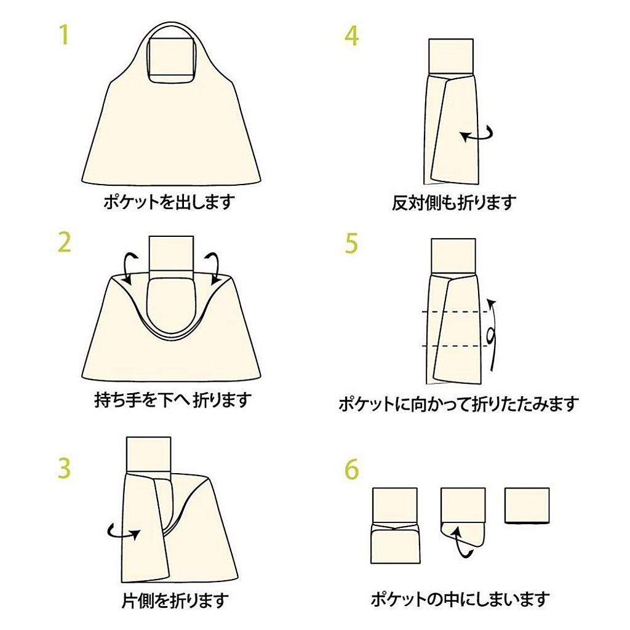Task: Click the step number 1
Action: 63,35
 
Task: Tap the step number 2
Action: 65,243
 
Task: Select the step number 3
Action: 65,468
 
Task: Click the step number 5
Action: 351,243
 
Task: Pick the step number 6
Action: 351,469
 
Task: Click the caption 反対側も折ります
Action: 454,202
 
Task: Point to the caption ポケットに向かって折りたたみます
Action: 458,404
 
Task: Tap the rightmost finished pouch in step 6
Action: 527,504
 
